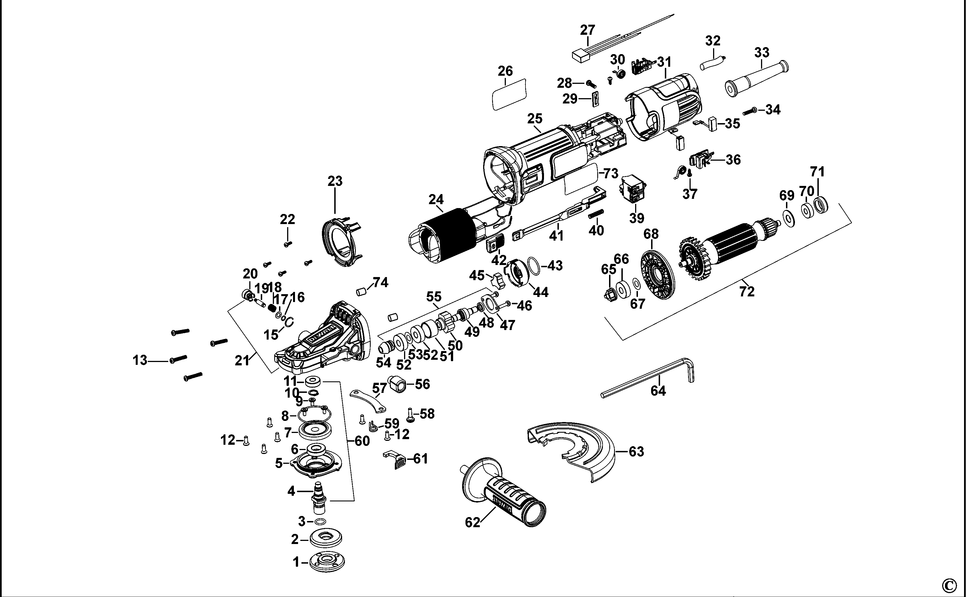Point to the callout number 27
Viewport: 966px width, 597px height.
587,30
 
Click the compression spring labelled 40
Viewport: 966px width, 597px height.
596,215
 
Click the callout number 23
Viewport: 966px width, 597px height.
335,181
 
